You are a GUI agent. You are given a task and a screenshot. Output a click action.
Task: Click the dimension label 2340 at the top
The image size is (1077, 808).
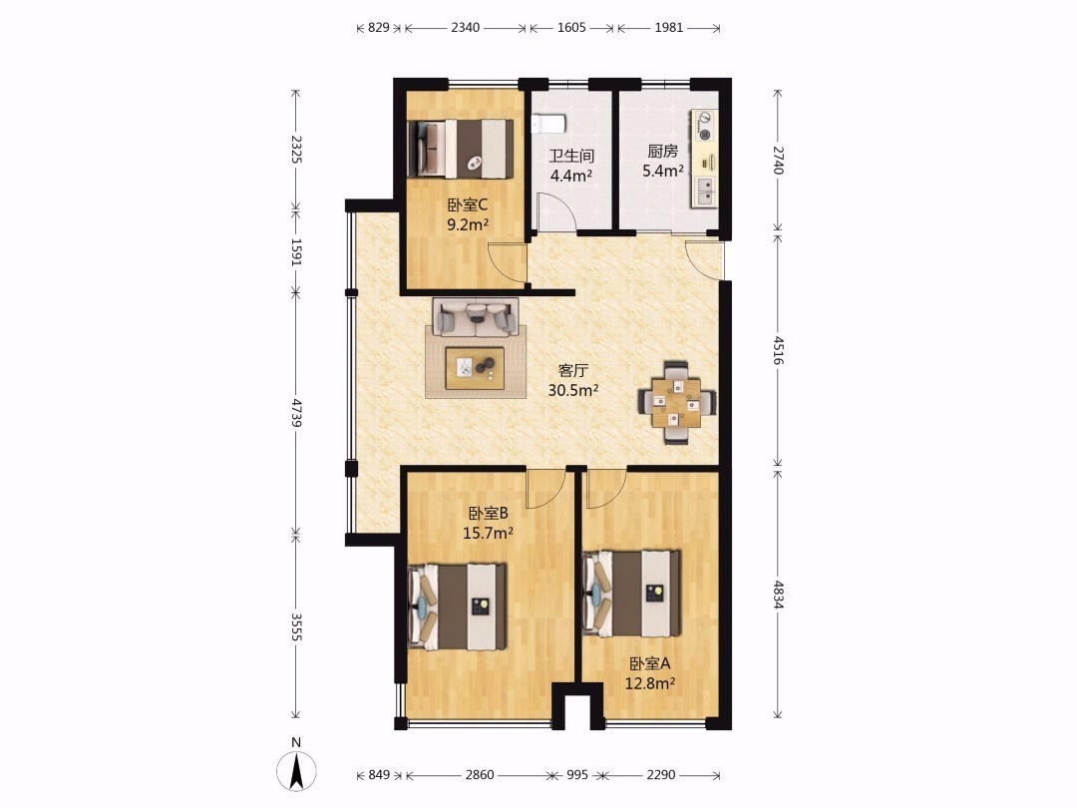(x=465, y=28)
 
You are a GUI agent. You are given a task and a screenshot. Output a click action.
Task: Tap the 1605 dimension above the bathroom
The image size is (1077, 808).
(x=571, y=28)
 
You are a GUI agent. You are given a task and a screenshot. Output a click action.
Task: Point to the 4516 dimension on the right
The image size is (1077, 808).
(x=778, y=350)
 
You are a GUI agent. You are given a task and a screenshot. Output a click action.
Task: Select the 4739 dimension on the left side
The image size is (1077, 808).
(x=296, y=412)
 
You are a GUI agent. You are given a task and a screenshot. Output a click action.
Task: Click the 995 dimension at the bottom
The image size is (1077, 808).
(x=577, y=774)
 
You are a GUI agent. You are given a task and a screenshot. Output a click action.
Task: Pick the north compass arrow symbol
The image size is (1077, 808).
(x=297, y=771)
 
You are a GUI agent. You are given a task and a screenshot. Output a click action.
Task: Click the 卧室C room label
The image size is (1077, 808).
(x=467, y=204)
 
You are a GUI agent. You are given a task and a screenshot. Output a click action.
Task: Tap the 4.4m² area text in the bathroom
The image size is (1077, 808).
(x=571, y=176)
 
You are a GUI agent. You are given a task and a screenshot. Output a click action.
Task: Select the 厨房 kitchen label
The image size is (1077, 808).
(x=662, y=152)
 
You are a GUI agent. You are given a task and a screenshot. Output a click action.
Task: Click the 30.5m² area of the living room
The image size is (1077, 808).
(x=572, y=390)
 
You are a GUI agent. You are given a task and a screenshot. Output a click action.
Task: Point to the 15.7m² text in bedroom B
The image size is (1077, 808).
(x=488, y=533)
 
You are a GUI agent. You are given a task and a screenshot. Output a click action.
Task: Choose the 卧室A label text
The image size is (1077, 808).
(x=650, y=663)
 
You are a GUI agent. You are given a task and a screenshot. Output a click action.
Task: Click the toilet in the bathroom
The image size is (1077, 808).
(x=548, y=124)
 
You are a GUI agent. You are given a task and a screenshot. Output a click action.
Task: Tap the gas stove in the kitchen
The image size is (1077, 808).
(x=703, y=126)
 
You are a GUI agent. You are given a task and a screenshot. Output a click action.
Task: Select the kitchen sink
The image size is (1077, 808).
(x=705, y=191)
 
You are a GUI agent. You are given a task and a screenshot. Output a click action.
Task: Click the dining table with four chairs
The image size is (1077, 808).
(x=676, y=403)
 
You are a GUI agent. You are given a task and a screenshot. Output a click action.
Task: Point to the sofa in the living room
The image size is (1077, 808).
(x=475, y=317)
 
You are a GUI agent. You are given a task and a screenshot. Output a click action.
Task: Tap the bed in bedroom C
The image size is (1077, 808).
(x=461, y=149)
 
